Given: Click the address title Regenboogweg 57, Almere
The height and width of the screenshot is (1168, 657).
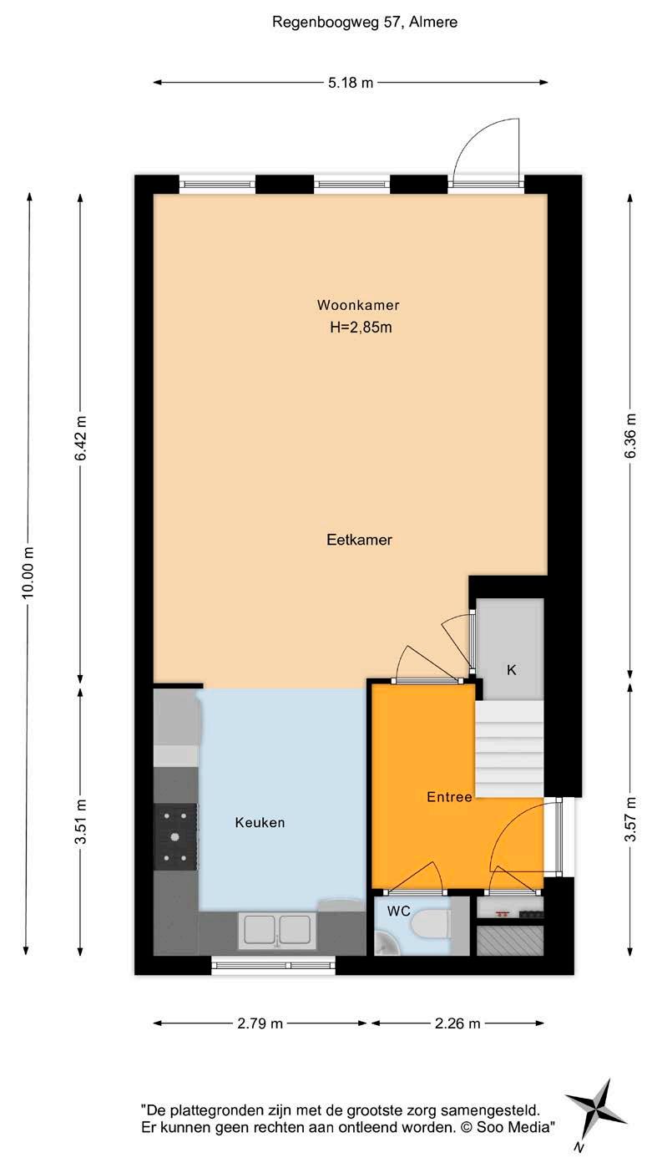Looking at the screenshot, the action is click(365, 23).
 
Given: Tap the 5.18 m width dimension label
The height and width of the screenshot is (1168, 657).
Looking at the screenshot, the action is click(351, 83).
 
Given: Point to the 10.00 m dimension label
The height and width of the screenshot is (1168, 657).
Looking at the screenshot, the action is click(28, 571).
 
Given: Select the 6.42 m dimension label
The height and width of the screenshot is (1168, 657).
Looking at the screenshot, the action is click(80, 439).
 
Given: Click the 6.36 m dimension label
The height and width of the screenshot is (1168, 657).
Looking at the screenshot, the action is click(630, 436).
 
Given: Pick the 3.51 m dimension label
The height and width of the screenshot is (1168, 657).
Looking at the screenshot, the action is click(80, 821).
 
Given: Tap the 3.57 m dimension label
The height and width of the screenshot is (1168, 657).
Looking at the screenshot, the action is click(630, 819).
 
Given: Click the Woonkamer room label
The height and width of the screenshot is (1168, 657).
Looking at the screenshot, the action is click(358, 305).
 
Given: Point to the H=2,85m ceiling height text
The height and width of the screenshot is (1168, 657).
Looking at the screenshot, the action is click(361, 328).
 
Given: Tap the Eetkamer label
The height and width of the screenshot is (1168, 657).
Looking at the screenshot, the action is click(359, 540).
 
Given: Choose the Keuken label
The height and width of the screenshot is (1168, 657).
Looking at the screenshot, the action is click(260, 823).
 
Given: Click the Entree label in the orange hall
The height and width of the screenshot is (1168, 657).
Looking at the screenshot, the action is click(449, 797).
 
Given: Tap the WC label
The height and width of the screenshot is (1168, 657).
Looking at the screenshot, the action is click(398, 912).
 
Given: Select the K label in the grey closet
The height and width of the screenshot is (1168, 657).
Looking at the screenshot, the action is click(512, 671).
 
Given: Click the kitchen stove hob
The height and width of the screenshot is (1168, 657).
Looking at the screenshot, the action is click(175, 837).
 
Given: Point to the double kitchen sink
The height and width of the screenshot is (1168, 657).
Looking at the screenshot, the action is click(276, 931).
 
